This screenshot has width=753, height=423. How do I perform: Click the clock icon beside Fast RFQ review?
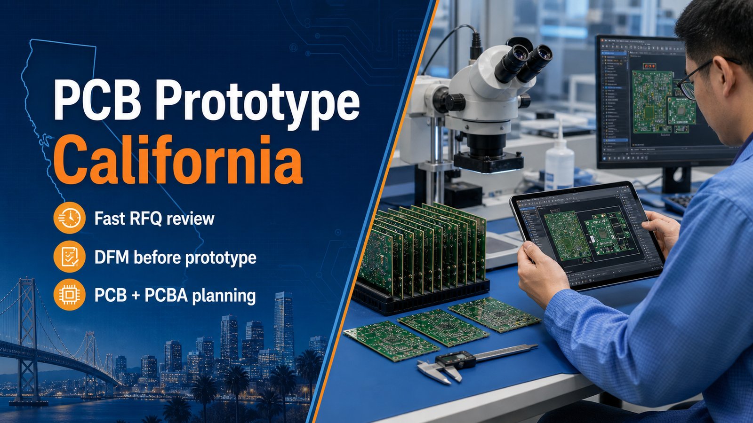(69, 218)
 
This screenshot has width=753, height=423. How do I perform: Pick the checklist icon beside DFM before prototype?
(69, 257)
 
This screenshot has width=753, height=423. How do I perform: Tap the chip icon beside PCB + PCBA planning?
(69, 295)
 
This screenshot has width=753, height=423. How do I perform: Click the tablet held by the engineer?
(586, 235)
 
